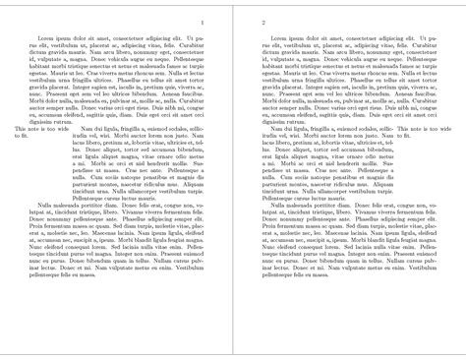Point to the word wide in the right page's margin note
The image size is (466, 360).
click(x=444, y=129)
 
